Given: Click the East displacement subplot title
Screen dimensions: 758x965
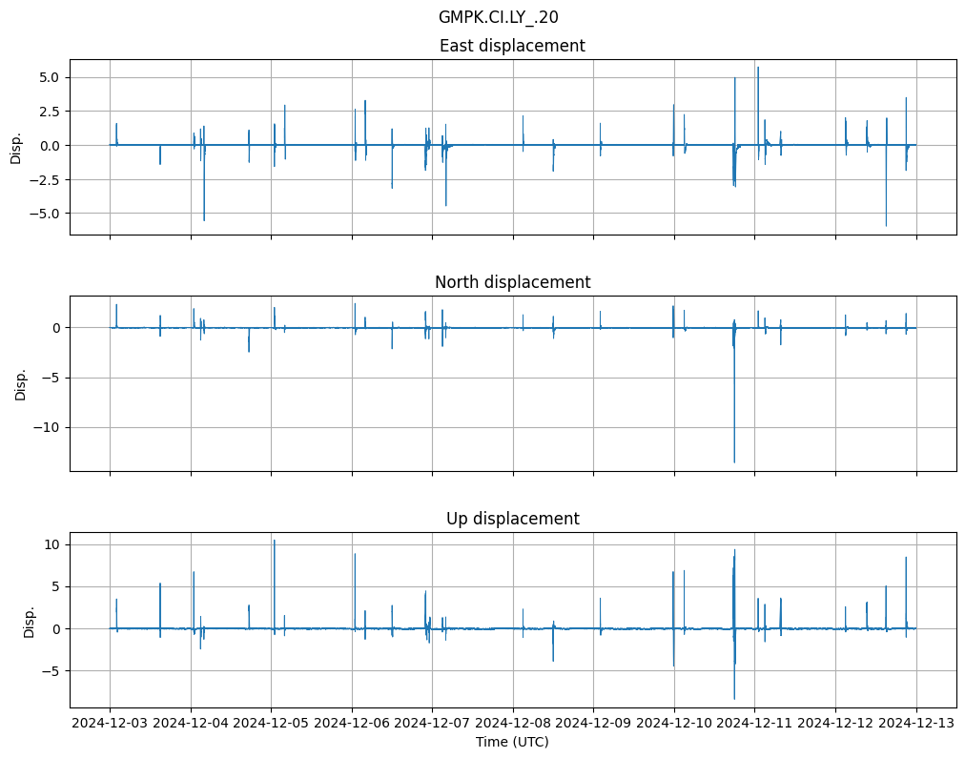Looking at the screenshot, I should pyautogui.click(x=512, y=46).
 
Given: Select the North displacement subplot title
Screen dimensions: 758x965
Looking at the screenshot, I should pyautogui.click(x=512, y=282).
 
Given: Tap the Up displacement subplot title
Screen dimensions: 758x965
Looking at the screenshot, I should pyautogui.click(x=512, y=519).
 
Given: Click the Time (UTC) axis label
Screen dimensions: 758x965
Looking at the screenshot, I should pyautogui.click(x=512, y=742).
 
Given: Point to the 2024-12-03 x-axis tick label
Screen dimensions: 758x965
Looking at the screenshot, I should pyautogui.click(x=110, y=724).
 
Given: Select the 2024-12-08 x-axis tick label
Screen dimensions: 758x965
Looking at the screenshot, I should pyautogui.click(x=513, y=724).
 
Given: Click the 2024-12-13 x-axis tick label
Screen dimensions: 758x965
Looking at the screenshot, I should pyautogui.click(x=916, y=724).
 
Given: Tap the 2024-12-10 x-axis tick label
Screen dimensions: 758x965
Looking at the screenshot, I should pyautogui.click(x=674, y=724).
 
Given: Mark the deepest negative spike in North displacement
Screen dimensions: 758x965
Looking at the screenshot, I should pyautogui.click(x=734, y=462).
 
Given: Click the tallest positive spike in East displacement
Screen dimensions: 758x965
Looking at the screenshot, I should pyautogui.click(x=758, y=68).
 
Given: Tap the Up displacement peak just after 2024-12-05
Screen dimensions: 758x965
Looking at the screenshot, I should pyautogui.click(x=275, y=541).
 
